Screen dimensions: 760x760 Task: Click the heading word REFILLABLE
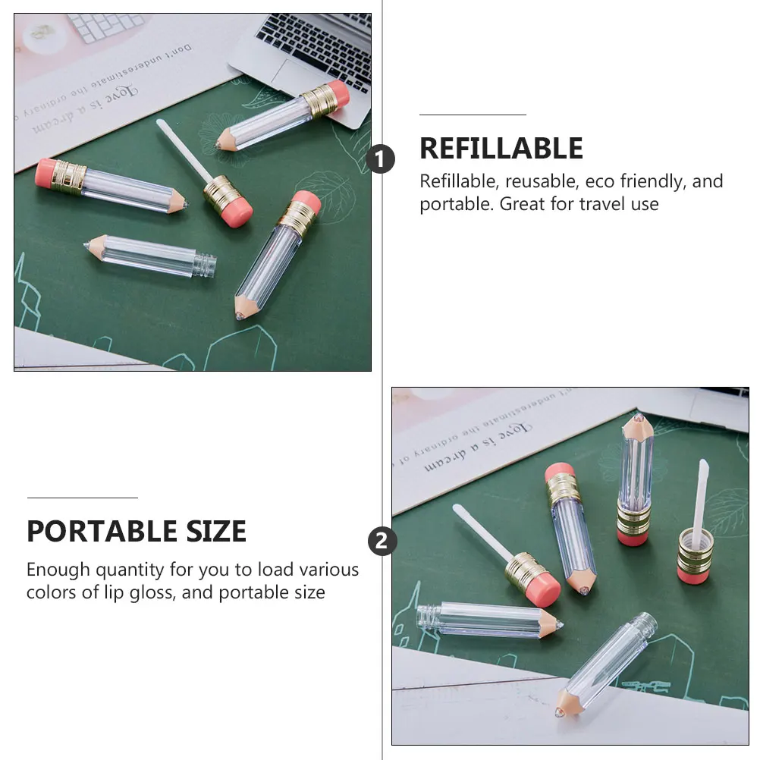501,149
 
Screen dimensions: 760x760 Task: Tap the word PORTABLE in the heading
99,532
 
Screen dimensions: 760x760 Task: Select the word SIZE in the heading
212,532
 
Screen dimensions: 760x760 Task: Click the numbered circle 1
382,160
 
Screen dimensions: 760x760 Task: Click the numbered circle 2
382,542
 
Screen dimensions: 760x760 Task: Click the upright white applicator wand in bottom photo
701,493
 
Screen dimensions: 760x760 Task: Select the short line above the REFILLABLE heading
473,115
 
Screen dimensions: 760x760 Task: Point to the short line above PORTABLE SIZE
82,498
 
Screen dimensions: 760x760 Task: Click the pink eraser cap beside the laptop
337,94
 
